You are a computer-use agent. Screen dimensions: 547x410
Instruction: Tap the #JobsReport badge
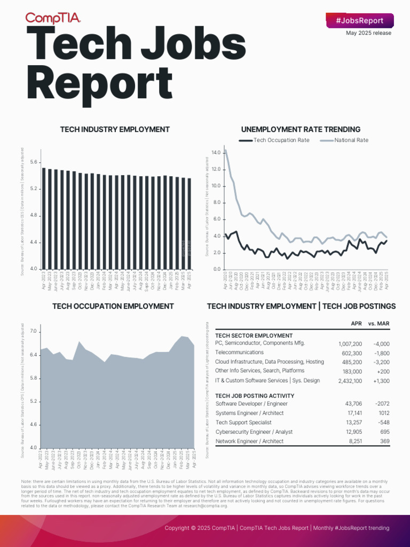[x=360, y=21]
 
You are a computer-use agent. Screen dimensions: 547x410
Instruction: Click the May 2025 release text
[x=368, y=33]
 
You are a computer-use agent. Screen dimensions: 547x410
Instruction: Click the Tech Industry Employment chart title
[x=115, y=129]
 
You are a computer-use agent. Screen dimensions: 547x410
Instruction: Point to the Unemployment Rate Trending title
[x=301, y=129]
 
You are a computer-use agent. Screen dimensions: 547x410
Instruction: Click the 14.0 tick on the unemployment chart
[x=216, y=153]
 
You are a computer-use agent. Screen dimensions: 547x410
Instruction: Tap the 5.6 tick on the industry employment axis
[x=34, y=162]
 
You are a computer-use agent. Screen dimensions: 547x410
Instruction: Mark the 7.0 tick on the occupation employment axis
[x=34, y=332]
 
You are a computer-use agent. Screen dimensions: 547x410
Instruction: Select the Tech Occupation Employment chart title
[x=113, y=306]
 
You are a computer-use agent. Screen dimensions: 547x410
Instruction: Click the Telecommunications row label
[x=239, y=353]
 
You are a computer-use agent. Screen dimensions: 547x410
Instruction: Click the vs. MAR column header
[x=379, y=324]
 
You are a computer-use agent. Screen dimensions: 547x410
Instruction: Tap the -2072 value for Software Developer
[x=382, y=404]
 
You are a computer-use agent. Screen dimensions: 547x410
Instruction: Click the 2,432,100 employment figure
[x=350, y=381]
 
